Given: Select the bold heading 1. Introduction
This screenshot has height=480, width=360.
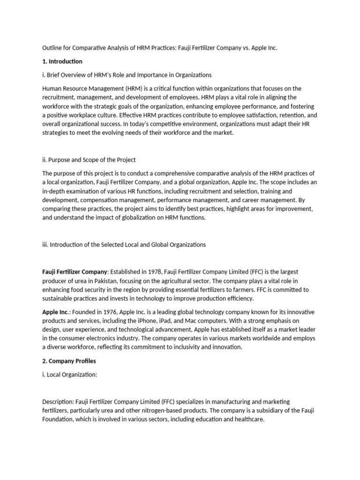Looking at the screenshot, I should (62, 61).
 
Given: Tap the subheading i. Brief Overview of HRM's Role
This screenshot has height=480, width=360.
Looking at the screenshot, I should (127, 75).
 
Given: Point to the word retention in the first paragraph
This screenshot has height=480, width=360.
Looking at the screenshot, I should (285, 115).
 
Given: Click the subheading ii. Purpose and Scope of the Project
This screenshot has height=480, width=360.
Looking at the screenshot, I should (89, 160).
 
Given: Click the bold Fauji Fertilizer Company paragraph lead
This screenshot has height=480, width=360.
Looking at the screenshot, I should (75, 272).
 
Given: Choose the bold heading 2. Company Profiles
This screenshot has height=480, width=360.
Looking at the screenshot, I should (69, 361).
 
